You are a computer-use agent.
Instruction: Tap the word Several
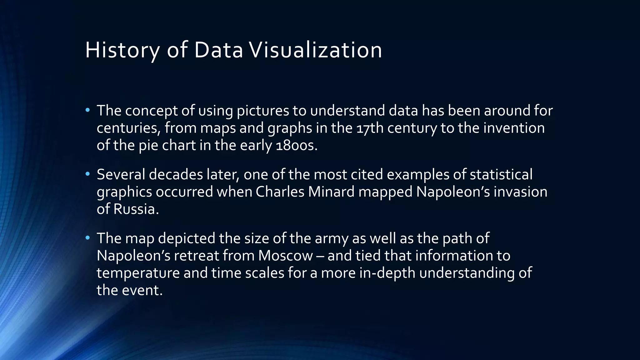[121, 174]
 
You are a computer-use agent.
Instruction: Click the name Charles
[280, 192]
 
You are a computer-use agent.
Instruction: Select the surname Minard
[331, 192]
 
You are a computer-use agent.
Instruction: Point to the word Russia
[136, 209]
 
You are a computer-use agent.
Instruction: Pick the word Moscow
[285, 256]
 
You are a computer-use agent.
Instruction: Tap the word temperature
[138, 273]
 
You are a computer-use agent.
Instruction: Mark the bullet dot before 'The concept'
[87, 110]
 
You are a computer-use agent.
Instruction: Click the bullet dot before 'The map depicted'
[87, 237]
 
